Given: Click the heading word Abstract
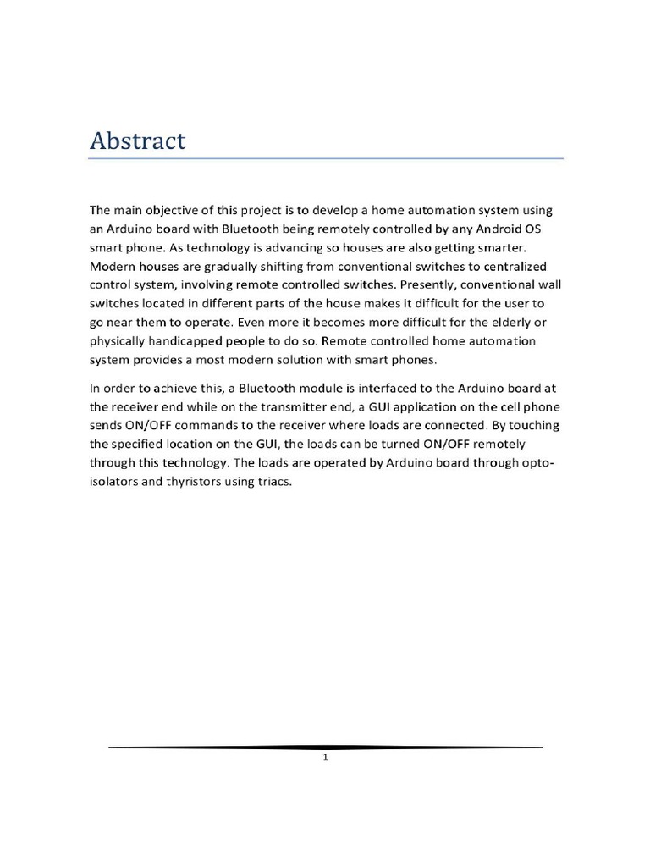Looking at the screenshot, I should pos(137,141).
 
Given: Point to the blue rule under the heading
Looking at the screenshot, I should pos(326,158).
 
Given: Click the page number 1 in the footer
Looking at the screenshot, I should pos(325,759).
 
